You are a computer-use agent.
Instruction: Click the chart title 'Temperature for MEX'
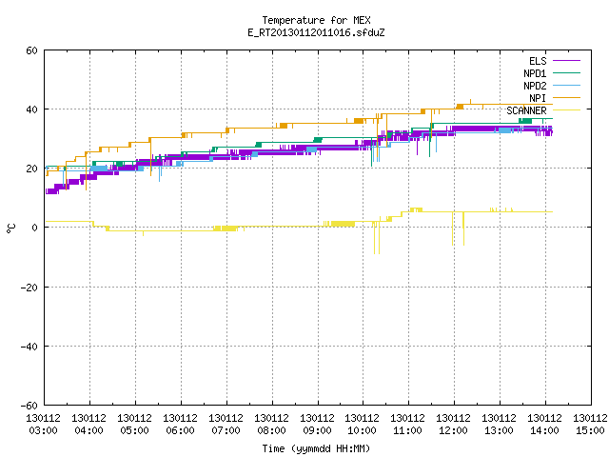[x=316, y=20]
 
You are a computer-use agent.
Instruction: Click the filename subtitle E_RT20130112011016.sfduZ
[x=316, y=32]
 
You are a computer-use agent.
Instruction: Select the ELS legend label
[x=538, y=61]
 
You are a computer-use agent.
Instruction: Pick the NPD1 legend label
[x=535, y=73]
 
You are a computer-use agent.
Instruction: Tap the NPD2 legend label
[x=535, y=86]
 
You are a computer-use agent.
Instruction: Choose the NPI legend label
[x=538, y=98]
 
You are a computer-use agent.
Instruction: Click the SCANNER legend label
[x=526, y=110]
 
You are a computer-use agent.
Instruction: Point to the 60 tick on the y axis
[x=31, y=50]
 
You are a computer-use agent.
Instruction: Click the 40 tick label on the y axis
[x=31, y=109]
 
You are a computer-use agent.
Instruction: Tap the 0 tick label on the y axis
[x=35, y=228]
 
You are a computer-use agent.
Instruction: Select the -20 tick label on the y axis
[x=29, y=288]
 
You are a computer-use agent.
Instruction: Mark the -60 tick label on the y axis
[x=29, y=406]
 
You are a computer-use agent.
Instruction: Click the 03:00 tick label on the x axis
[x=44, y=430]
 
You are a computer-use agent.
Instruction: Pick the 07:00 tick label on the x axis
[x=226, y=430]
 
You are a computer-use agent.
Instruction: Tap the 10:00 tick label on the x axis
[x=363, y=430]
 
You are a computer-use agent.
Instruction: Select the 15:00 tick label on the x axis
[x=590, y=430]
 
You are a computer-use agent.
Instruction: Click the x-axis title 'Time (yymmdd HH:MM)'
[x=316, y=448]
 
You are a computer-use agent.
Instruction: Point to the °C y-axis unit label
[x=10, y=228]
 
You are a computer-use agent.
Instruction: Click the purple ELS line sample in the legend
[x=566, y=61]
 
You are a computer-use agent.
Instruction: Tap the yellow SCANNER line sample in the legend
[x=566, y=110]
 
